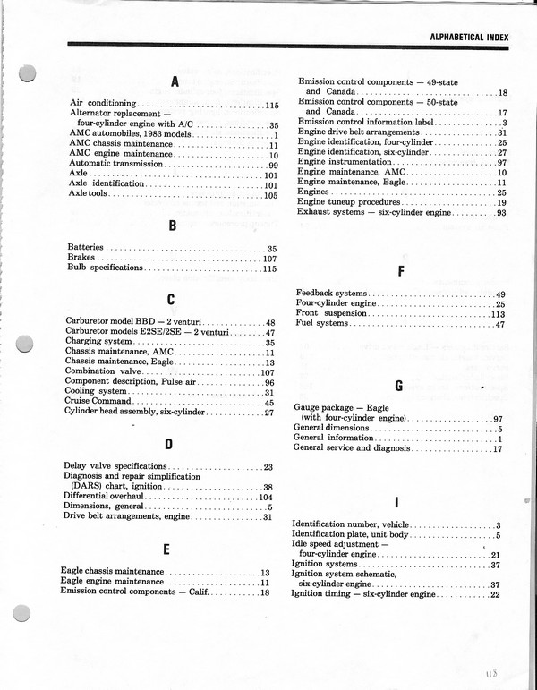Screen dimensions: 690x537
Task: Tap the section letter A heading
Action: coord(175,82)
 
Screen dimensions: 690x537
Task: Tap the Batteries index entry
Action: coord(86,247)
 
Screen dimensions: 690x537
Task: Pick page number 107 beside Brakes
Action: coord(269,258)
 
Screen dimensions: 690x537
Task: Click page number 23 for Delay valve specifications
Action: coord(268,467)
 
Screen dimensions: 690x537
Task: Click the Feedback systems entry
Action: coord(331,294)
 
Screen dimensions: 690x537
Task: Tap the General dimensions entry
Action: coord(332,429)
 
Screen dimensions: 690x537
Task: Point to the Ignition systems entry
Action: coord(326,565)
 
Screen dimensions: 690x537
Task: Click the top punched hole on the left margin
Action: coord(29,73)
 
